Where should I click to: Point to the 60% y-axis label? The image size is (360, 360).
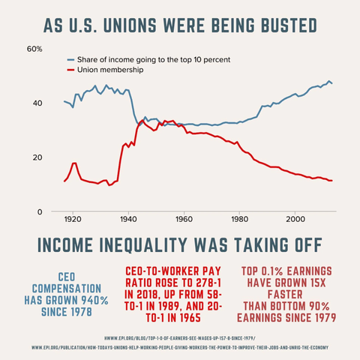34,49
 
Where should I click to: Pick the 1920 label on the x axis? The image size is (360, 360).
73,220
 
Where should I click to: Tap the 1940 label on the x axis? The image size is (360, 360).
128,220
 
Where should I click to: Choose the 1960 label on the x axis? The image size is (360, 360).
184,220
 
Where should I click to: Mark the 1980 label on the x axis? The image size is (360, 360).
239,220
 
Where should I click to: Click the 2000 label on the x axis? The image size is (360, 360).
295,220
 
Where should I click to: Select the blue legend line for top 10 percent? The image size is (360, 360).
72,58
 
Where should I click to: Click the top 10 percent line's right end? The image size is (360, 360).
333,82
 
